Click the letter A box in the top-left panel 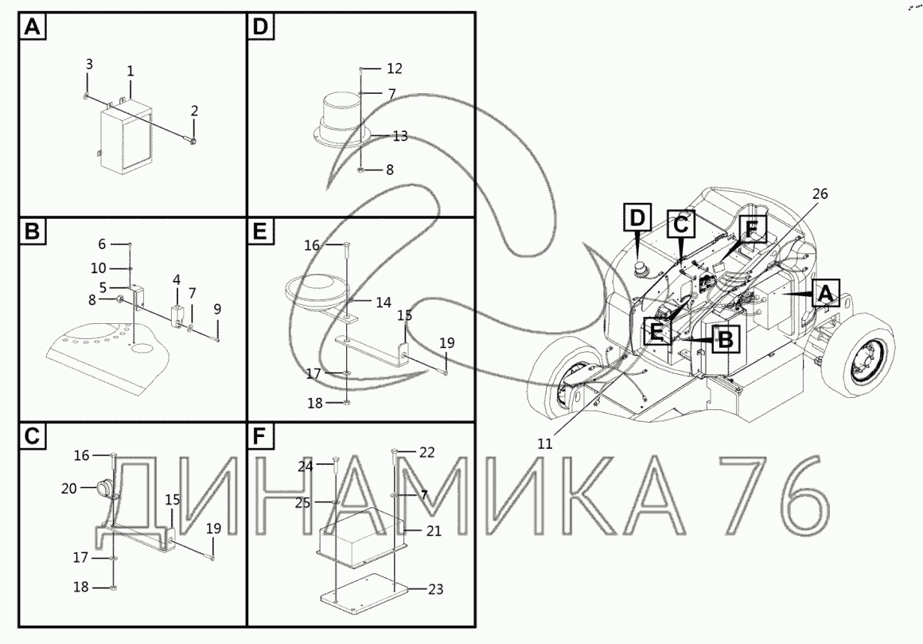pos(33,27)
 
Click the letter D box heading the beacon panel pos(260,27)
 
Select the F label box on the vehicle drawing pos(750,229)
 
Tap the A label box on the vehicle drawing pos(825,293)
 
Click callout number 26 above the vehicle pos(820,193)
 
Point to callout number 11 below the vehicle pos(545,443)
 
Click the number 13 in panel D pos(400,137)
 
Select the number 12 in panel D pos(395,69)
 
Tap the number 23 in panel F pos(435,589)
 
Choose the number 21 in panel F pos(434,531)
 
